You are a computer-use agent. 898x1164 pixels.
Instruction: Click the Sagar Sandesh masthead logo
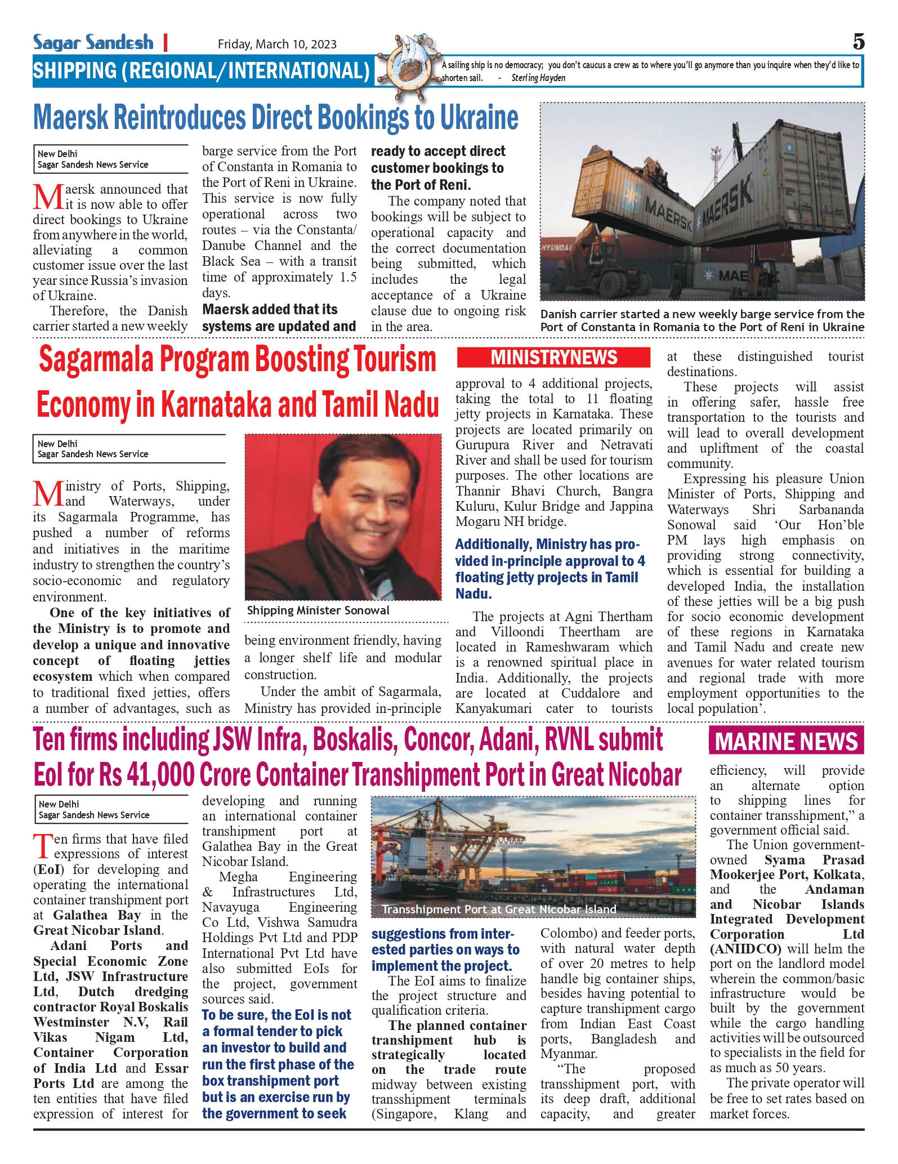tap(93, 43)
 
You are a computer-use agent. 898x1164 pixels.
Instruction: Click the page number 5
tap(858, 42)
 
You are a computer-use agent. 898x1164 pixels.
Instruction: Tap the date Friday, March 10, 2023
tap(277, 44)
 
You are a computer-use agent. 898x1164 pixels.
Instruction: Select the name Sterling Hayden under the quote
tap(538, 78)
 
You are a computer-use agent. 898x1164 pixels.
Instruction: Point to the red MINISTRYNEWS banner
tap(553, 358)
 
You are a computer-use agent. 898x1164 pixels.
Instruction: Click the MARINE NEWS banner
tap(786, 741)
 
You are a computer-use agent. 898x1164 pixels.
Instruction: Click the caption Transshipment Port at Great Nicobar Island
tap(499, 909)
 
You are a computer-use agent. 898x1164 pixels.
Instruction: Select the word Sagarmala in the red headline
tap(96, 360)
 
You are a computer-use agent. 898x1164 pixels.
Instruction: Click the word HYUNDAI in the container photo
tap(556, 247)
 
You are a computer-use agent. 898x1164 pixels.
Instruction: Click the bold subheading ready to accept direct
tap(438, 151)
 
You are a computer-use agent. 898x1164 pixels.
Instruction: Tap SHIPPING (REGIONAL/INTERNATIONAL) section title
tap(201, 71)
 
